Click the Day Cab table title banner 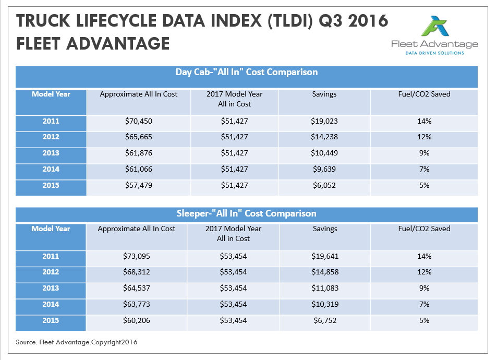(x=247, y=73)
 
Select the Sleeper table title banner (x=246, y=213)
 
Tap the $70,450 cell (x=138, y=122)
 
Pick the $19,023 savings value (x=324, y=122)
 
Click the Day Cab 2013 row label (x=51, y=153)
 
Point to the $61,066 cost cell (x=138, y=170)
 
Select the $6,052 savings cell (x=324, y=186)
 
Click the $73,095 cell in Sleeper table (x=137, y=257)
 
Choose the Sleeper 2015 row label (x=51, y=320)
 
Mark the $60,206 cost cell (x=137, y=320)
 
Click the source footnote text (x=77, y=342)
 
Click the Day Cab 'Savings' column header (x=324, y=94)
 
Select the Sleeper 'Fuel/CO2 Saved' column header (x=423, y=229)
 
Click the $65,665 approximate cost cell (x=138, y=137)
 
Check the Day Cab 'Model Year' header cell (x=51, y=94)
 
